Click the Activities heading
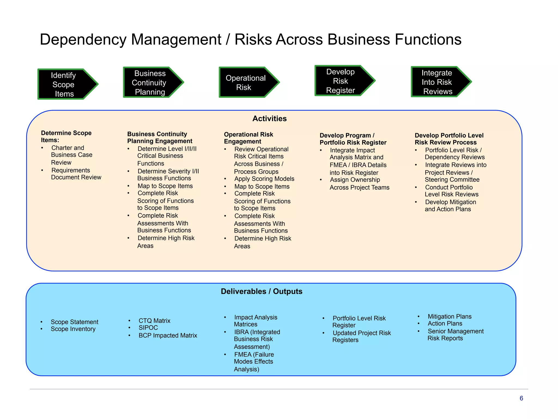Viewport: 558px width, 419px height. point(269,118)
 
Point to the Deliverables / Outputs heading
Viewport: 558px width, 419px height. point(262,291)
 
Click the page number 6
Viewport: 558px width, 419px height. point(521,398)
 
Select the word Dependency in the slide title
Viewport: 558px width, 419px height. point(83,39)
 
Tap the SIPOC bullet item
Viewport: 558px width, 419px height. point(148,328)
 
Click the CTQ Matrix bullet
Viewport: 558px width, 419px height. point(154,321)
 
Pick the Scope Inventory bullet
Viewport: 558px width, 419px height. point(73,329)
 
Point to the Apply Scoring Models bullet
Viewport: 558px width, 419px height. point(264,179)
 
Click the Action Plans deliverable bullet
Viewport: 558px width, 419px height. point(445,324)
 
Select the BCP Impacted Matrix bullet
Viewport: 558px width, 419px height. point(168,335)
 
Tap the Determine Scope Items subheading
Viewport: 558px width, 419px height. point(66,136)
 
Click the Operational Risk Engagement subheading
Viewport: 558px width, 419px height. point(248,138)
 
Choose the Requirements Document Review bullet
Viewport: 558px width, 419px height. point(76,174)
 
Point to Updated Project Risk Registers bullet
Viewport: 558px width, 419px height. point(361,336)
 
